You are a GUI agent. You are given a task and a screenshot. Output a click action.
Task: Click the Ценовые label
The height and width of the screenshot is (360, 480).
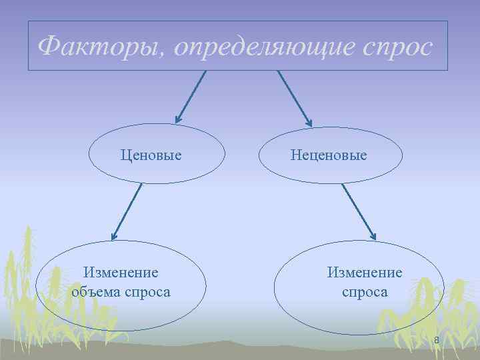coord(151,155)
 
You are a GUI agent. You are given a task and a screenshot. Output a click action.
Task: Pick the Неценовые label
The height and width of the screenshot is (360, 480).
coord(329,155)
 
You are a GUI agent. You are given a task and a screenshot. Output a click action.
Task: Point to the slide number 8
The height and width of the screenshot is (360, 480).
coord(437,341)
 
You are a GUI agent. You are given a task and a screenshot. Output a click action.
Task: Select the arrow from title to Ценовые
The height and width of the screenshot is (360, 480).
coord(192,95)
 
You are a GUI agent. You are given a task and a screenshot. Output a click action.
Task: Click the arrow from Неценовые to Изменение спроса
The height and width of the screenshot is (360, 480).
coord(359,211)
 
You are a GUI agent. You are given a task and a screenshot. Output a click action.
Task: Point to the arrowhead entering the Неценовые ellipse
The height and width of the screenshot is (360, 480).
coord(308,121)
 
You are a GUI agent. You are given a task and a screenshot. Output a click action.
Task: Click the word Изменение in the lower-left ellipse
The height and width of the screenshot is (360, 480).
coord(121,273)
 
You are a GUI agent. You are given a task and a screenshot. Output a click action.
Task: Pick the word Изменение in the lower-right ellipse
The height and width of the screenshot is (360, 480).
coord(365,273)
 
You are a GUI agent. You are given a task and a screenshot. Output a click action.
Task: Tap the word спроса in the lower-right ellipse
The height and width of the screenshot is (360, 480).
coord(365,292)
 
